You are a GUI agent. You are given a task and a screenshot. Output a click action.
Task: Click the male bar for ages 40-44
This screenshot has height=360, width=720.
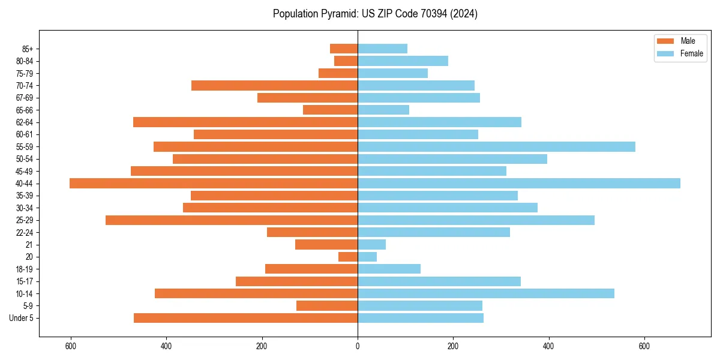coord(214,184)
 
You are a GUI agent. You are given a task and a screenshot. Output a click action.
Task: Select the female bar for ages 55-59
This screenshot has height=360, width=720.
coord(496,147)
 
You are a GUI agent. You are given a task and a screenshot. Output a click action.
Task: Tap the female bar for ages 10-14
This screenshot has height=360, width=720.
coord(486,293)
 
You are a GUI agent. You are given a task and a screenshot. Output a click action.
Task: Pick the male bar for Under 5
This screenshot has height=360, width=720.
coord(245,318)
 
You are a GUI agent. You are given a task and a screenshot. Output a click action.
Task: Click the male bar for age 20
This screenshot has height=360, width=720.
coord(348,257)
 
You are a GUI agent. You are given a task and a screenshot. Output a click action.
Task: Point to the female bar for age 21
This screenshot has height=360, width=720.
coord(371,245)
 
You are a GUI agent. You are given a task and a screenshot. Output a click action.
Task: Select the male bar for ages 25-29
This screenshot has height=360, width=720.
coord(232,220)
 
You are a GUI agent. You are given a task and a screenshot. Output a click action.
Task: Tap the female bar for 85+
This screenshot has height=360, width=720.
coord(382,49)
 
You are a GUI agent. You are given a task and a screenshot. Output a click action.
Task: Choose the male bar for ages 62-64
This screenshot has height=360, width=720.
coord(245,122)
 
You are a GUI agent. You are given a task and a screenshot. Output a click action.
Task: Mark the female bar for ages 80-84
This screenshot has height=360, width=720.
coord(403,61)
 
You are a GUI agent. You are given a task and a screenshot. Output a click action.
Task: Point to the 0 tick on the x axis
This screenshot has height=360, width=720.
coord(358,346)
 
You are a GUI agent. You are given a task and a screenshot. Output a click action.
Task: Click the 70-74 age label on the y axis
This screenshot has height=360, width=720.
coord(25,86)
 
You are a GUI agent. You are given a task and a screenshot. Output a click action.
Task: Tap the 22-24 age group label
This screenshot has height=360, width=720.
coord(25,233)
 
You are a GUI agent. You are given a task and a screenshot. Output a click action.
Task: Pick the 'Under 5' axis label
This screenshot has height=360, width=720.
coord(22,318)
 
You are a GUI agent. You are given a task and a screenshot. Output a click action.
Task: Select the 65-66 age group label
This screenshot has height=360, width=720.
coord(25,110)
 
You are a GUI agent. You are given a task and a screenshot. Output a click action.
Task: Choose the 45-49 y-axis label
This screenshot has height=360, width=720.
coord(25,172)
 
